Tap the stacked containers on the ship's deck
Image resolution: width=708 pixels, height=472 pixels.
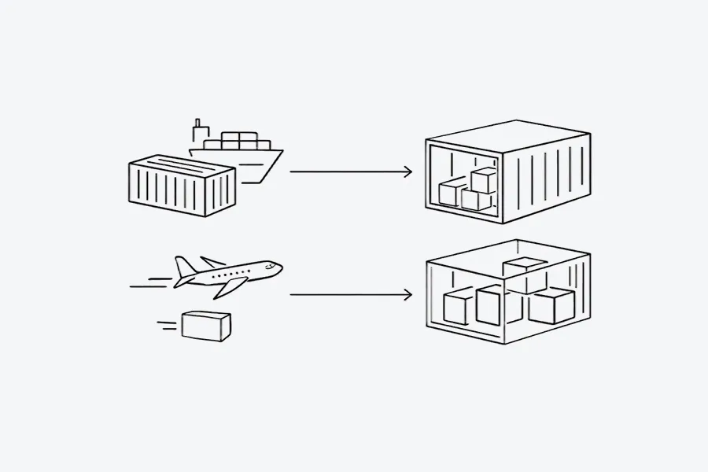tap(240, 140)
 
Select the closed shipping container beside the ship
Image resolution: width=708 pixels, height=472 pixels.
tap(182, 185)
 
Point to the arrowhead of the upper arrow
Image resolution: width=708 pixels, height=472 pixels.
tap(407, 171)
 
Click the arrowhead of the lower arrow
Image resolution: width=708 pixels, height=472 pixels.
tap(407, 295)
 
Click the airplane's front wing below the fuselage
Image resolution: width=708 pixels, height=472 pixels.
tap(228, 287)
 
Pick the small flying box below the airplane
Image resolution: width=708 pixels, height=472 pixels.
tap(206, 325)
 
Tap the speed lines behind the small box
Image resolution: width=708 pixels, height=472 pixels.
tap(167, 323)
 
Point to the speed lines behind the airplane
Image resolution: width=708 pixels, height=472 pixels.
tap(149, 282)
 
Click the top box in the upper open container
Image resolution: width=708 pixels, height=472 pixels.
tap(484, 179)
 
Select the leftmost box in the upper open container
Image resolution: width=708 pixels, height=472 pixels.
tap(451, 192)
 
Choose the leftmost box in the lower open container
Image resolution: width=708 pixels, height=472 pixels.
tap(458, 307)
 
